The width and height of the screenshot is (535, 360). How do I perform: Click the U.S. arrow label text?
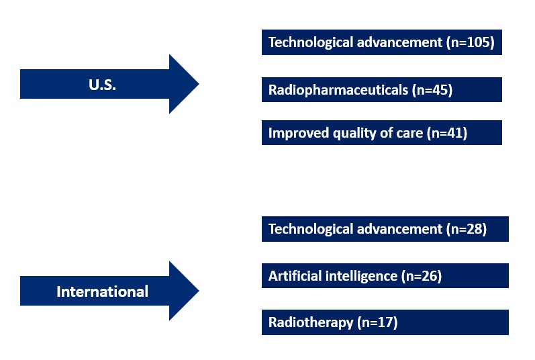102,85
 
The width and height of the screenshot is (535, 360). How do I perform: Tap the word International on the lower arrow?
102,291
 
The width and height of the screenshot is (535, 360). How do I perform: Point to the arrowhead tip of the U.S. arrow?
199,83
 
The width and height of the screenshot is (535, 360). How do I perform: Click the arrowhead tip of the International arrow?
199,291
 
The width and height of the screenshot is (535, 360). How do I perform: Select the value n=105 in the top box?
471,42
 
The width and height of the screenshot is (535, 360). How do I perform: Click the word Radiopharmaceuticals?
338,90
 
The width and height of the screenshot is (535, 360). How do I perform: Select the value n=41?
447,133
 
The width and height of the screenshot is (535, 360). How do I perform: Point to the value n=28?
467,229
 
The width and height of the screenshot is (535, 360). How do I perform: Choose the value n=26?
422,276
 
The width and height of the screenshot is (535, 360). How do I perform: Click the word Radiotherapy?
311,323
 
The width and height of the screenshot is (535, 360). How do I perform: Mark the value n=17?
378,323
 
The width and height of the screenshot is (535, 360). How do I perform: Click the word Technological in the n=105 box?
311,42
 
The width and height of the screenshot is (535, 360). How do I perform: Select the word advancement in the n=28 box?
399,229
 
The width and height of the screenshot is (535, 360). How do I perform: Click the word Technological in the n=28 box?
311,229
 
